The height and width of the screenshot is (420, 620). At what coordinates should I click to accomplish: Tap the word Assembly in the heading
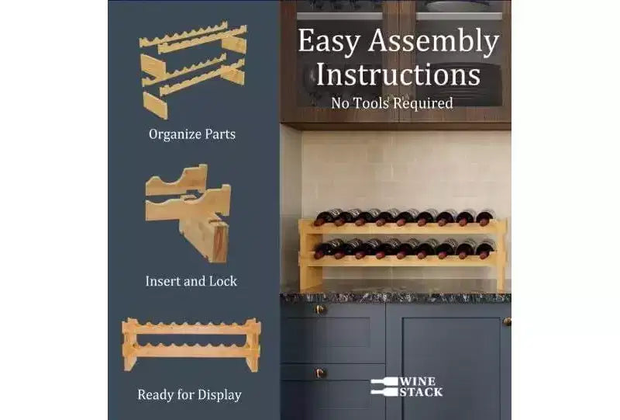[x=433, y=42]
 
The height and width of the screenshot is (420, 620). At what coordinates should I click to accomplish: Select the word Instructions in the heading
[x=398, y=75]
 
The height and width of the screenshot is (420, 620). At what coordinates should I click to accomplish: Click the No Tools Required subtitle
[x=392, y=103]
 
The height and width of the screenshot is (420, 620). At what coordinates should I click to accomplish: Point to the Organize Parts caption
[x=192, y=134]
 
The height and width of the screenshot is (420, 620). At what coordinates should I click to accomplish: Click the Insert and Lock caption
[x=191, y=281]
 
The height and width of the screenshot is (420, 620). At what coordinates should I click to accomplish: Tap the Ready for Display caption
[x=189, y=394]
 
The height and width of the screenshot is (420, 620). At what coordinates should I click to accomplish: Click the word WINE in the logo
[x=418, y=381]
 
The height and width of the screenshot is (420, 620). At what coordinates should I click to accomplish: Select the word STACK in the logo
[x=421, y=392]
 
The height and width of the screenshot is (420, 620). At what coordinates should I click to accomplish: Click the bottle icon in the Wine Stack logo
[x=384, y=387]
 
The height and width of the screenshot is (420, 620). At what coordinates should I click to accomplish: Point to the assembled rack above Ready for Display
[x=191, y=345]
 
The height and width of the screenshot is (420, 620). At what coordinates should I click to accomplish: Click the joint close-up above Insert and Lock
[x=188, y=213]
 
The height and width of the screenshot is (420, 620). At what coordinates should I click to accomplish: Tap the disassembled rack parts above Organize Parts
[x=193, y=70]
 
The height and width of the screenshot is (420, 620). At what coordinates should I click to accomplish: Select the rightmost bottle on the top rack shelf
[x=486, y=217]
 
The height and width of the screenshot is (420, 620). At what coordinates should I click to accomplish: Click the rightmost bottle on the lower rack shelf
[x=486, y=249]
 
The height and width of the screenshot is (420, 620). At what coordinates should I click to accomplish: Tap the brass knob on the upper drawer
[x=320, y=310]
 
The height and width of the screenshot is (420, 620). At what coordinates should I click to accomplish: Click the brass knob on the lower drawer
[x=320, y=373]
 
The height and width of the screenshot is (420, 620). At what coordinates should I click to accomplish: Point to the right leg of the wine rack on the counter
[x=501, y=255]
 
